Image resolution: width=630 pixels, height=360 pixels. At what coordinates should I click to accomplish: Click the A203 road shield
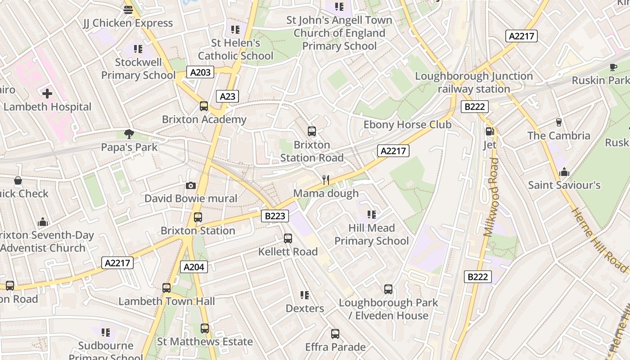point(200,72)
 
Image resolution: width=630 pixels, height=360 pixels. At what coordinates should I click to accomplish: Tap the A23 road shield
point(227,96)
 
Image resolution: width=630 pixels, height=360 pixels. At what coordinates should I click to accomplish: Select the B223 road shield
point(274,216)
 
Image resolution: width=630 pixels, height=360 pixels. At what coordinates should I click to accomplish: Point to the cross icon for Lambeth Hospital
point(47,94)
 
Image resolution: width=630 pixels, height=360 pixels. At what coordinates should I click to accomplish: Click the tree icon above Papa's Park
point(129,134)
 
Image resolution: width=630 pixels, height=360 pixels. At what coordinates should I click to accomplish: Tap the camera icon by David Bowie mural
point(191,185)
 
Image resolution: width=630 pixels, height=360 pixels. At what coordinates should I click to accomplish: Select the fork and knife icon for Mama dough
point(326,180)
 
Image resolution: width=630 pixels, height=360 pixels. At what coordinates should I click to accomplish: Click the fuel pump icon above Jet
point(490,131)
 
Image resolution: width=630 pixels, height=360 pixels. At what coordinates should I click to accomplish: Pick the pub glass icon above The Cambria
point(559,122)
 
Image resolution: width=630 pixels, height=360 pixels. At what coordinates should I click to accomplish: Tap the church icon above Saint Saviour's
point(564,172)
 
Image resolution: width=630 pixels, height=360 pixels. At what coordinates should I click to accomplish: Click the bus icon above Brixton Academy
point(204,106)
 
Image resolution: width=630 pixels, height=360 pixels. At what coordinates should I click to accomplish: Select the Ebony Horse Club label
point(407,125)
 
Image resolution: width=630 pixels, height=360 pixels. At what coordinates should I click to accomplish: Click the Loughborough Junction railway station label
point(474,83)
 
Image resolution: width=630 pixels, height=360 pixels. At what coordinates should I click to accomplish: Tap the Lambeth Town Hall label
point(166,301)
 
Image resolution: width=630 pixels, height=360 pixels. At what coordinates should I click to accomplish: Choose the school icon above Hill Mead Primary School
point(371,214)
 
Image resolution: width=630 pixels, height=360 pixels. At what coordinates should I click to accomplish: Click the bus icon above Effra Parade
point(335,334)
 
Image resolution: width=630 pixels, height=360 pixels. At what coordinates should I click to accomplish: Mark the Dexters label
point(305,309)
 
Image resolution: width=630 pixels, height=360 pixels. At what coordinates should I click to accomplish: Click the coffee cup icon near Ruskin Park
point(613,67)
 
